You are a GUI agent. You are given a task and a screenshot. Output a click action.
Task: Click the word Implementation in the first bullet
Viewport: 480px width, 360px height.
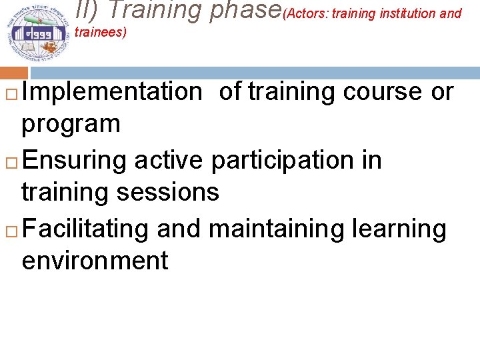[x=111, y=92]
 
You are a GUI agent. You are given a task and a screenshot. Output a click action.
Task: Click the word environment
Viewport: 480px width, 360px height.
[x=95, y=261]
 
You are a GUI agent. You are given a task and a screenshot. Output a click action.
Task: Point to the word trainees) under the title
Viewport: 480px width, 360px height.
[x=101, y=32]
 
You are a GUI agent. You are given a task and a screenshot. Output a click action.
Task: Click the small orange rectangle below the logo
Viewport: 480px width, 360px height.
[x=14, y=73]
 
